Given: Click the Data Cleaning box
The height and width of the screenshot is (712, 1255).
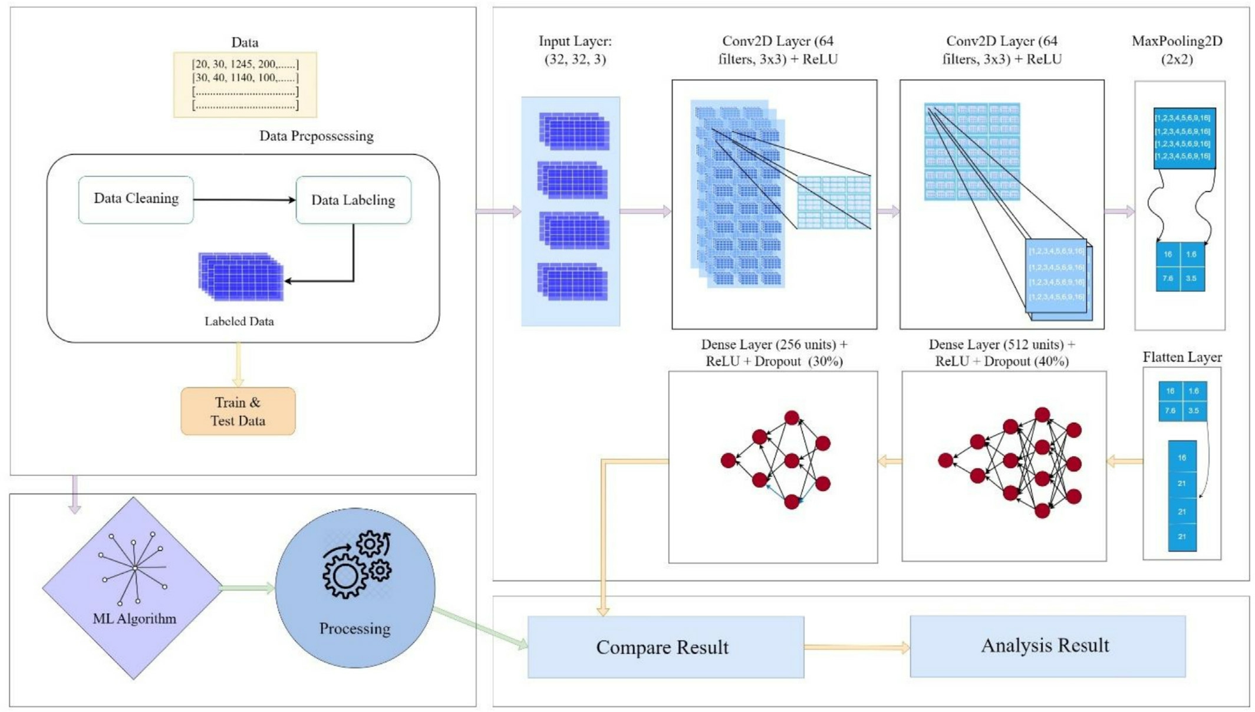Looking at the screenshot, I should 136,199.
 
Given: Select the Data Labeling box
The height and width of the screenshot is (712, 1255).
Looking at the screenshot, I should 353,200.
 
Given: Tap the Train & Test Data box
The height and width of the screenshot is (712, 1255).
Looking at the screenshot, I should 238,411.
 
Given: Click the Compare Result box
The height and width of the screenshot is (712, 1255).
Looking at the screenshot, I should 665,647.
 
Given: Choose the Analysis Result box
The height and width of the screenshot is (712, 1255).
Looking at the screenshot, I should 1047,646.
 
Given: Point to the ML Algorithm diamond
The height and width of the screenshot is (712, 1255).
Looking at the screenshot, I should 133,588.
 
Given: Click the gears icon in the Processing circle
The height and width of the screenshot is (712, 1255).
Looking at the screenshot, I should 357,563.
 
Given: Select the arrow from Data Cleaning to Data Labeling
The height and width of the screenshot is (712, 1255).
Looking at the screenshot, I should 244,200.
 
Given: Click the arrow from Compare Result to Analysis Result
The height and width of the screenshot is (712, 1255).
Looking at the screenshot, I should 857,647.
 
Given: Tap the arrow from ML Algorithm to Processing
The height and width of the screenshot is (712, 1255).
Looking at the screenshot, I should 248,588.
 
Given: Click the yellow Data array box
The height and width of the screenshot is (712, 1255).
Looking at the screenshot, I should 245,84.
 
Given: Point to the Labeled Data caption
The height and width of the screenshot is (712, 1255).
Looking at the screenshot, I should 239,321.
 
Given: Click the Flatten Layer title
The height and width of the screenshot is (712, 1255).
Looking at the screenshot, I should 1181,357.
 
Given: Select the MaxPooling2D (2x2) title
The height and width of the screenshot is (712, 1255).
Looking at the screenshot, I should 1177,50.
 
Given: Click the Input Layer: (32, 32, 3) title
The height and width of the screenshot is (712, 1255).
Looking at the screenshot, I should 575,50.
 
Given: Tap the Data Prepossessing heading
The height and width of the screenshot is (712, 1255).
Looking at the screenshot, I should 317,136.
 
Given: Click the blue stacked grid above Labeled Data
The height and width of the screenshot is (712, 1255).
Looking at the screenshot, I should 241,276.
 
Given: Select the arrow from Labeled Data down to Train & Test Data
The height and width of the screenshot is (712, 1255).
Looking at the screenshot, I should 238,364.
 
